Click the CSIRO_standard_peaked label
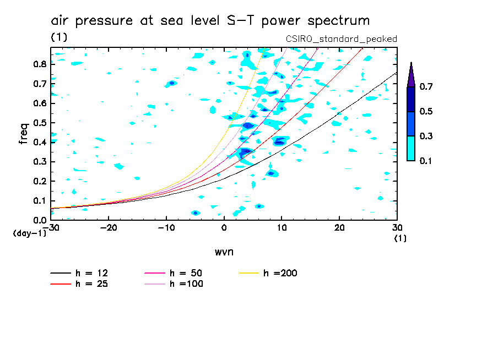pyautogui.click(x=341, y=39)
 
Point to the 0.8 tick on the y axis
pyautogui.click(x=39, y=64)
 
